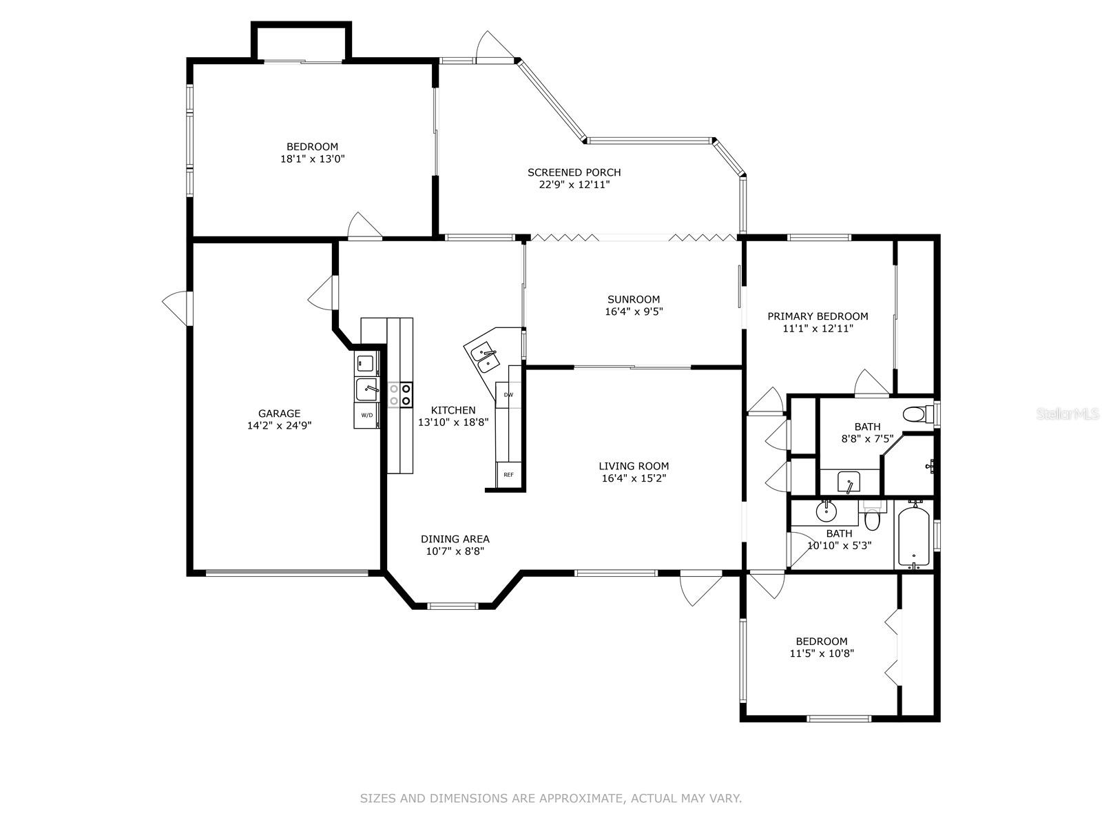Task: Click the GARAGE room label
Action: tap(279, 413)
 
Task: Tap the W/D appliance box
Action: tap(366, 416)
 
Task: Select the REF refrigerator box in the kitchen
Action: tap(508, 475)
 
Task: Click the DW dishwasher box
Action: tap(508, 395)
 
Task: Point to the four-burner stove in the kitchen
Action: tap(400, 394)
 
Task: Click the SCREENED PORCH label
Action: tap(574, 172)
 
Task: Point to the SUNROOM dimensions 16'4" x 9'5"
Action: tap(633, 312)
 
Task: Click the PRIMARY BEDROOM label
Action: tap(818, 316)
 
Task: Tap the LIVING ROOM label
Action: tap(633, 466)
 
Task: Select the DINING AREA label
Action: tap(455, 539)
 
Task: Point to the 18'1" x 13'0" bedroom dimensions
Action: tap(312, 159)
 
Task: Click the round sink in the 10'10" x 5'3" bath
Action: tap(825, 512)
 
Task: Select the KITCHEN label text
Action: tap(453, 410)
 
